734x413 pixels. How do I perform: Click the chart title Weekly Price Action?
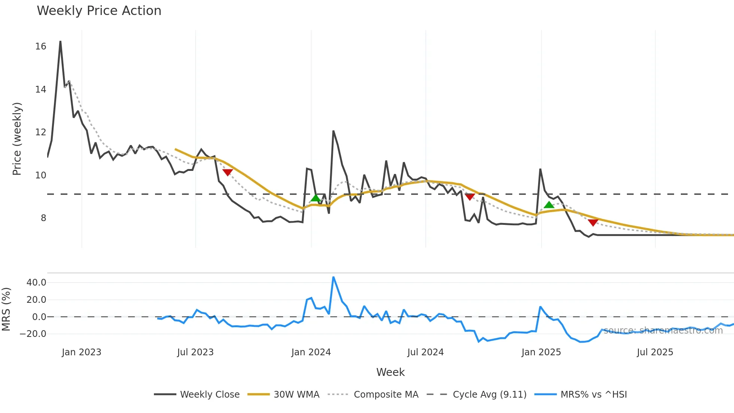[x=99, y=11]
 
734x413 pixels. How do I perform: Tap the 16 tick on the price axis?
[x=40, y=46]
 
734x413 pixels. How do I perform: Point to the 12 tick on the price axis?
[x=40, y=132]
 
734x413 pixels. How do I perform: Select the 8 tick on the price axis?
[x=43, y=218]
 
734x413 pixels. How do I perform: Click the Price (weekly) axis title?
[x=17, y=139]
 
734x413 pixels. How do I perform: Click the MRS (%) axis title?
[x=6, y=309]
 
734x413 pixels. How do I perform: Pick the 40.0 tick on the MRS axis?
[x=36, y=283]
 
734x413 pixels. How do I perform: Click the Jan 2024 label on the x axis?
[x=311, y=352]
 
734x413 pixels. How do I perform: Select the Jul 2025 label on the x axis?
[x=655, y=352]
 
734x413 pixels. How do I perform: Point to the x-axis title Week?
[x=390, y=372]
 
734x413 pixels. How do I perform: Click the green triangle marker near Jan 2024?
[x=316, y=198]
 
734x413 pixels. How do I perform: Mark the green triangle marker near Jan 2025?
[x=549, y=205]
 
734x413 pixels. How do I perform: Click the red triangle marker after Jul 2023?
[x=227, y=172]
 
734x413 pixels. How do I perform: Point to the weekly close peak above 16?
[x=60, y=42]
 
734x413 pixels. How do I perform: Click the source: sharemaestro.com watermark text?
[x=663, y=331]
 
